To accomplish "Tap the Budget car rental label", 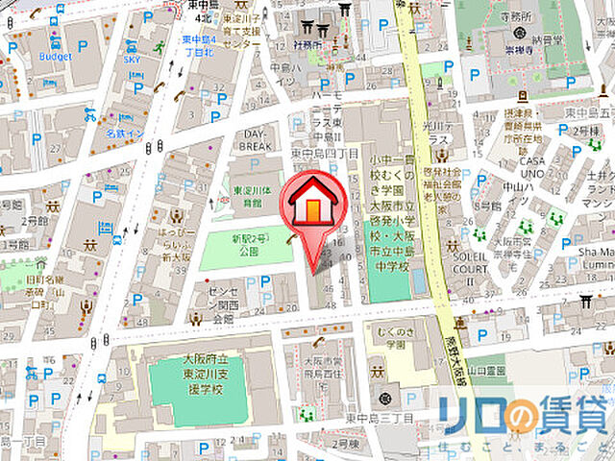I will coord(55,56).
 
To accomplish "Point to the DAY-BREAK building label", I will coord(254,139).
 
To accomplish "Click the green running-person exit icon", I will coord(160,46).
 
